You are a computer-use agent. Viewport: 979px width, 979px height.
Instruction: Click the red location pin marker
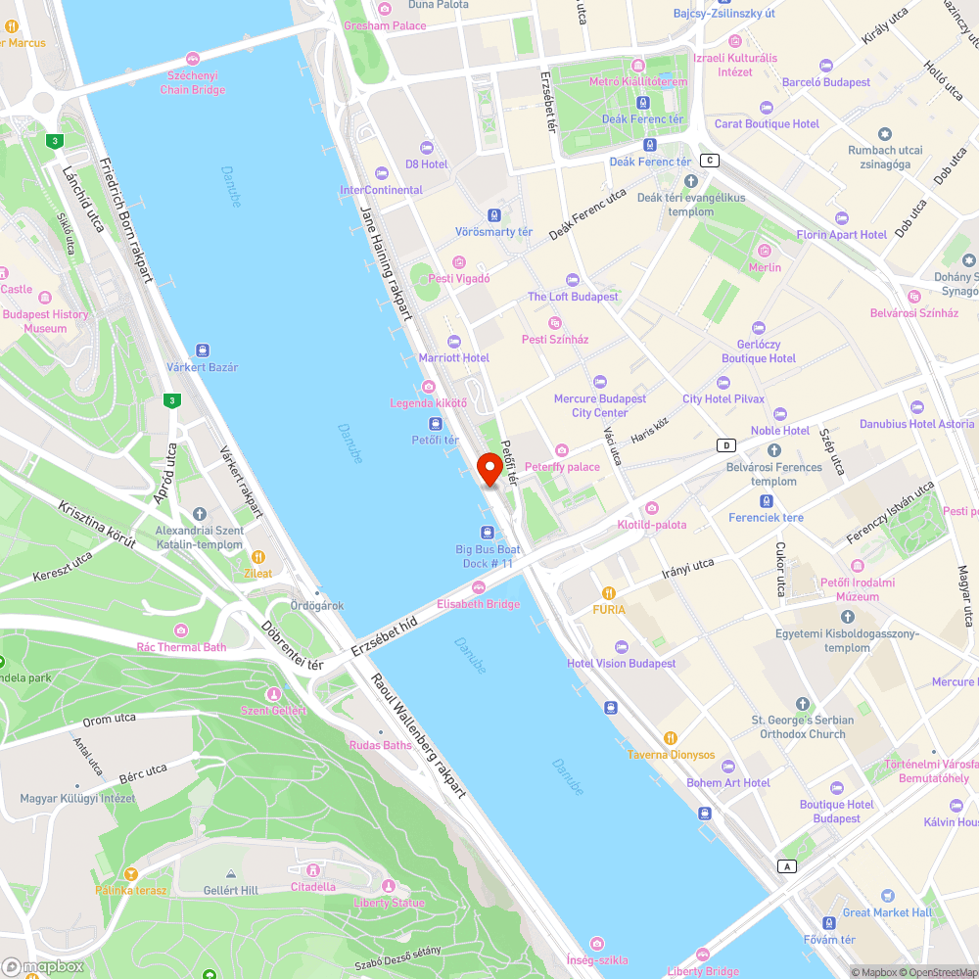pos(489,469)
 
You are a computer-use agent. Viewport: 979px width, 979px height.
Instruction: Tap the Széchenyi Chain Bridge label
pos(193,82)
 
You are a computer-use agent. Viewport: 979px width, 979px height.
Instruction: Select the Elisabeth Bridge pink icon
pos(478,587)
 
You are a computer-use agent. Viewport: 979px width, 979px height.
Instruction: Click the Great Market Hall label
pos(887,912)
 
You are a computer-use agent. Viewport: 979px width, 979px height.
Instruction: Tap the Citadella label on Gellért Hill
pos(312,886)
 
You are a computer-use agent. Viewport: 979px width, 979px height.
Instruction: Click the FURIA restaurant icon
pos(608,592)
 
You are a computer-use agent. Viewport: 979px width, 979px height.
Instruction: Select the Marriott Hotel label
pos(453,357)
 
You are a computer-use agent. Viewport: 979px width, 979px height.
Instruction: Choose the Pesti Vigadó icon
pos(459,262)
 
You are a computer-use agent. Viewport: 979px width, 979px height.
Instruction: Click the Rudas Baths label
pos(380,745)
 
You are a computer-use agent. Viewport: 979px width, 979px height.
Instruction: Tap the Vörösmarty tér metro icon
pos(494,214)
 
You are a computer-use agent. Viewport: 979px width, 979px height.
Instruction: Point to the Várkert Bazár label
pos(203,367)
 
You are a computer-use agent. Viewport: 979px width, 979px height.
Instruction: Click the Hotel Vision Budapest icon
pos(621,647)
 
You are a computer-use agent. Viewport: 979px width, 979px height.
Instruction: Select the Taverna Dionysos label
pos(671,755)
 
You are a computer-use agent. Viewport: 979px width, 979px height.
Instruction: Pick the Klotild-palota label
pos(651,525)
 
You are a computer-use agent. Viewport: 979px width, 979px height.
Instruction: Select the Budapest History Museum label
pos(45,321)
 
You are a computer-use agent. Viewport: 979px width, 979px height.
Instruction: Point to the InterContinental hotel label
pos(381,190)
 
